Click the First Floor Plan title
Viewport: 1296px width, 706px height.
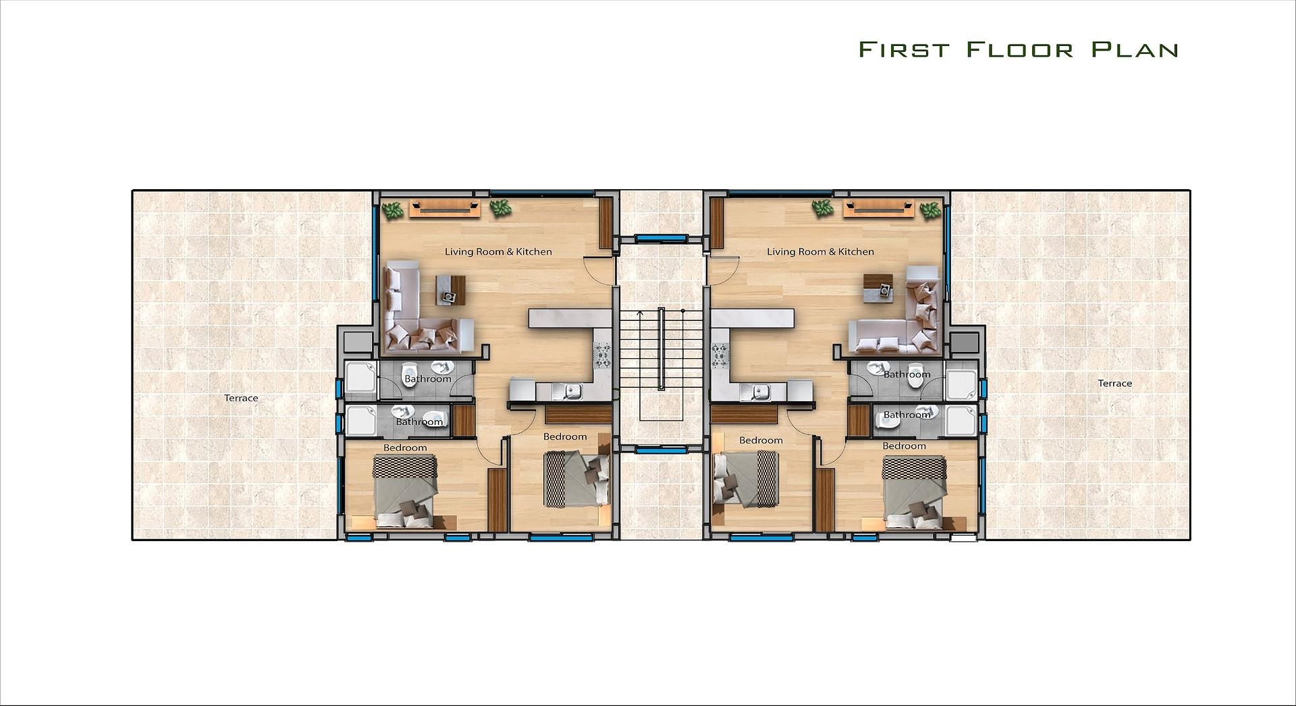(1019, 49)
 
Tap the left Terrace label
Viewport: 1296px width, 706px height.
(241, 398)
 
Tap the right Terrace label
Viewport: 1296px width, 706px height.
(1114, 383)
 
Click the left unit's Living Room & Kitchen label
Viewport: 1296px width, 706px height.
(498, 251)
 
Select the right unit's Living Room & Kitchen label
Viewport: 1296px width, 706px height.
(820, 251)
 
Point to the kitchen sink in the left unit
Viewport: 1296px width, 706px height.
(567, 390)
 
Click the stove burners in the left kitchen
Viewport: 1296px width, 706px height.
(602, 355)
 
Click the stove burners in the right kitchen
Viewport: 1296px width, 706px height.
(720, 355)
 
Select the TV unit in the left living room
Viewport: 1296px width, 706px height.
(444, 208)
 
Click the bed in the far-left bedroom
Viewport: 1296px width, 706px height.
(406, 491)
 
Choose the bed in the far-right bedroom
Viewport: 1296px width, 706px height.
(915, 492)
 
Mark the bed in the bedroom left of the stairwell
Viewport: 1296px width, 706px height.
(577, 479)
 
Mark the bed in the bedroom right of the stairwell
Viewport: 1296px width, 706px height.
(746, 479)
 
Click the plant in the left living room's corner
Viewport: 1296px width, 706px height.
(392, 210)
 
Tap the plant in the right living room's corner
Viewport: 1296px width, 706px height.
(931, 210)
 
